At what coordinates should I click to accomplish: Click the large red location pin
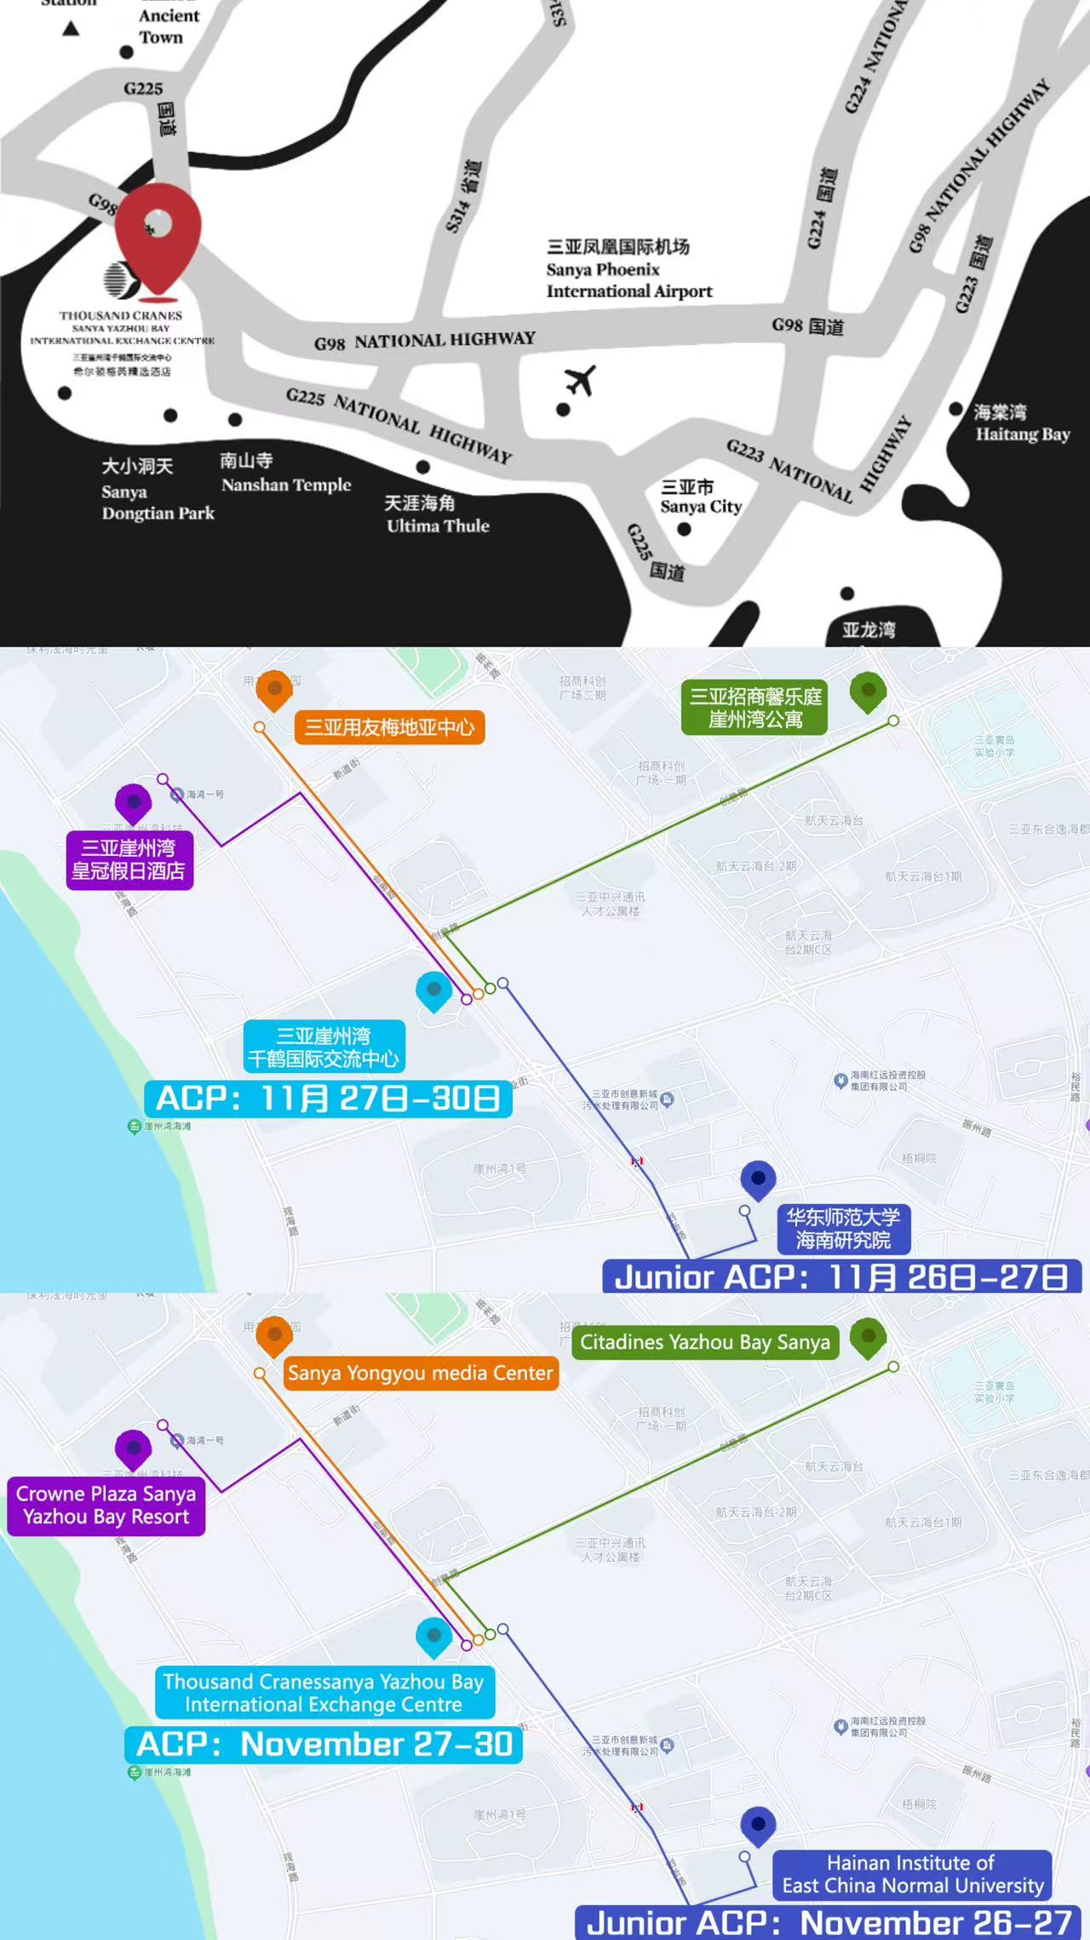[158, 234]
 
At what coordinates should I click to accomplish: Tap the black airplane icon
[581, 381]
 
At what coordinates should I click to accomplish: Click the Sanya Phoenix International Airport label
[628, 269]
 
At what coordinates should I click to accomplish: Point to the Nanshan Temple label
[285, 474]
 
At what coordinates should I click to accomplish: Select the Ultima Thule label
[437, 514]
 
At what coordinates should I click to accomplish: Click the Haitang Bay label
[1021, 423]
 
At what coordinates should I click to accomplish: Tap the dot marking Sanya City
[684, 529]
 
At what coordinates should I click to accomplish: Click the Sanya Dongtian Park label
[158, 491]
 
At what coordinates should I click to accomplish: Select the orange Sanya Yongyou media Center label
[421, 1373]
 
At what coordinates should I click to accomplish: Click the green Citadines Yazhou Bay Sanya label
[705, 1342]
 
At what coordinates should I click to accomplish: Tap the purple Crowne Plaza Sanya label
[106, 1505]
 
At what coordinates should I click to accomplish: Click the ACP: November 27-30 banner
[324, 1744]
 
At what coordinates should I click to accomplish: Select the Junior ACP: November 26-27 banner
[828, 1922]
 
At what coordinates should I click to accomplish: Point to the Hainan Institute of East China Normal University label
[912, 1874]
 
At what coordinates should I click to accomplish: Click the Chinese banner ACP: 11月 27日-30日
[328, 1099]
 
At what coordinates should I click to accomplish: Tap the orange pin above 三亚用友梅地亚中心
[274, 689]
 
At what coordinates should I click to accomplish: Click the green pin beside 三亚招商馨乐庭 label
[868, 691]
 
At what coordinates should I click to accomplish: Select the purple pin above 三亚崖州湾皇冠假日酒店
[134, 803]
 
